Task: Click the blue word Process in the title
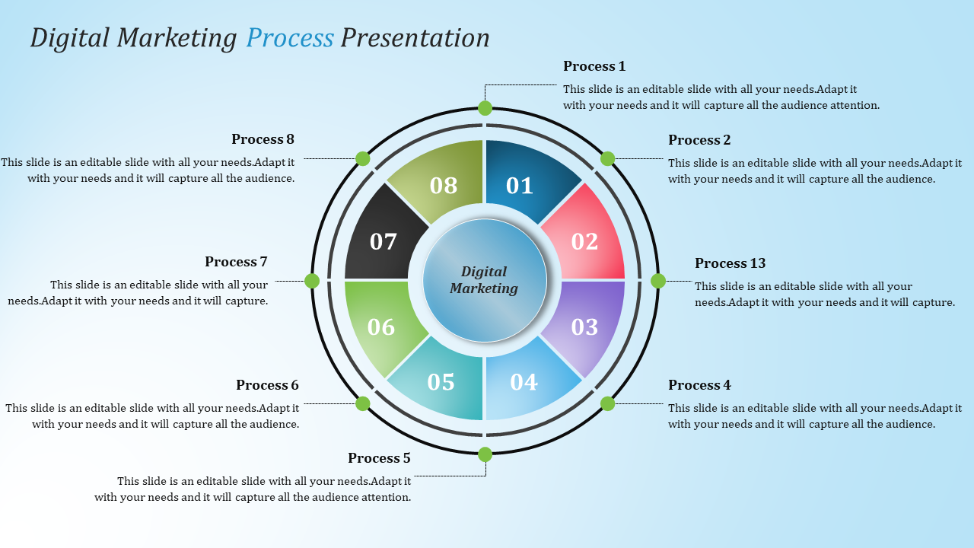[x=290, y=38]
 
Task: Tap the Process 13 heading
[x=730, y=263]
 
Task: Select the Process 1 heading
[x=594, y=66]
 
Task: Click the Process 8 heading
[x=263, y=139]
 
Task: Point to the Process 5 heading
[x=379, y=458]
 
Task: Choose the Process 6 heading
[x=267, y=385]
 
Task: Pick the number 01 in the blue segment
[x=520, y=186]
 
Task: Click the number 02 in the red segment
[x=584, y=241]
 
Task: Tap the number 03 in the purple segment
[x=584, y=327]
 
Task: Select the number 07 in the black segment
[x=384, y=242]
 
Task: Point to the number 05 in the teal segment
[x=441, y=382]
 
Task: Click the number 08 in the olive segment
[x=444, y=186]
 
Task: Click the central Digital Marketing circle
[x=485, y=280]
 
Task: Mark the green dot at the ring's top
[x=485, y=108]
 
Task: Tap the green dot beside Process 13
[x=658, y=281]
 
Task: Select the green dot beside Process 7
[x=312, y=281]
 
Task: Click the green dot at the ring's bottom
[x=485, y=454]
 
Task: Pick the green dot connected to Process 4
[x=607, y=403]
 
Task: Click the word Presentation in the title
[x=415, y=38]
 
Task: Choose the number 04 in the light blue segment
[x=524, y=382]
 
